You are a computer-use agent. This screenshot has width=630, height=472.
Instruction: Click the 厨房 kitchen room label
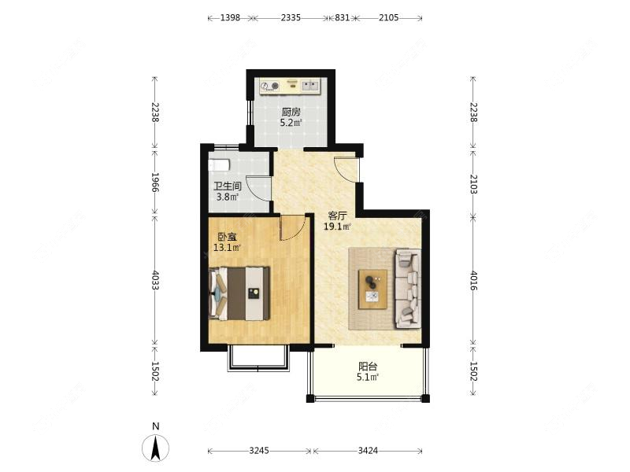click(x=291, y=112)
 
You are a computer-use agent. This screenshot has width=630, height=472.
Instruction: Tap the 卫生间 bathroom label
click(x=227, y=186)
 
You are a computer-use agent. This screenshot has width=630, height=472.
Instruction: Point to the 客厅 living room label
click(x=338, y=216)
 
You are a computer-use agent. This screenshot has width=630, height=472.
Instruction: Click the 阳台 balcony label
click(x=368, y=367)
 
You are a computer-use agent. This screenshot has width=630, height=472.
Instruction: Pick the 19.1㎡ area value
click(x=338, y=227)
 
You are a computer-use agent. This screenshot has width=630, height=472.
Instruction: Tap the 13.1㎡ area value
click(x=227, y=248)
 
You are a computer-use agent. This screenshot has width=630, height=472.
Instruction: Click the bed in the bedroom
click(x=239, y=293)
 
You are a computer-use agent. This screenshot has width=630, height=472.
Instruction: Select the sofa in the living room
click(x=408, y=289)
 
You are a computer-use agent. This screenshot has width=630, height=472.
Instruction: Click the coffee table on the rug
click(x=372, y=289)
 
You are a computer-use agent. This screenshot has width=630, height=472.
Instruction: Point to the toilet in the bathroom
click(x=220, y=165)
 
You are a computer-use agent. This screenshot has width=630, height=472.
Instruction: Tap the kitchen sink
click(x=310, y=85)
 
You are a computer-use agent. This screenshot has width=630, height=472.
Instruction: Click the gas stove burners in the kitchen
click(x=269, y=86)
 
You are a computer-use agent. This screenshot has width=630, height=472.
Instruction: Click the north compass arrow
click(x=155, y=448)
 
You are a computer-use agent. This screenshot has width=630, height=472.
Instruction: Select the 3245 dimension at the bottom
click(x=259, y=451)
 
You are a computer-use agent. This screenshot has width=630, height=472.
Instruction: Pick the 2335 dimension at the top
click(x=291, y=17)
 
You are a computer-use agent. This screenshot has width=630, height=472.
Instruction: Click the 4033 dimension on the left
click(x=155, y=280)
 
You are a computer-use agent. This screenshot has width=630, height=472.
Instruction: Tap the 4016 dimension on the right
click(x=474, y=281)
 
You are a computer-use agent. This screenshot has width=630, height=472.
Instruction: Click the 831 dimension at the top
click(x=343, y=17)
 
